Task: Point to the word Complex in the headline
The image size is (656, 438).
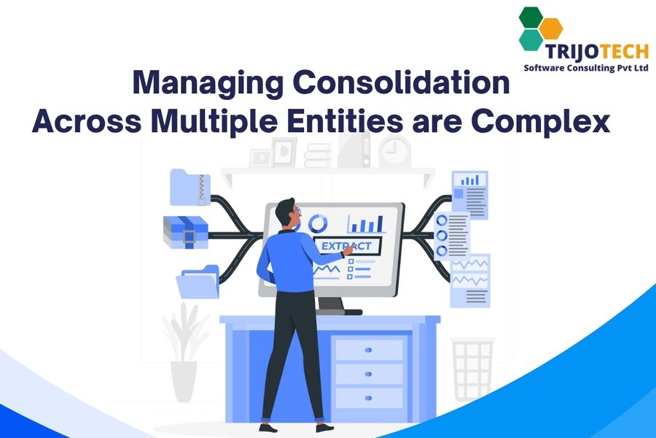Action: point(541,123)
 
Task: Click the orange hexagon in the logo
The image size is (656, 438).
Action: point(550,28)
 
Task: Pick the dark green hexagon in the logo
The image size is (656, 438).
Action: point(531,18)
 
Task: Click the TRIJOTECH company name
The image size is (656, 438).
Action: point(597,52)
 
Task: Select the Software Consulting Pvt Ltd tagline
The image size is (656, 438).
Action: point(586,68)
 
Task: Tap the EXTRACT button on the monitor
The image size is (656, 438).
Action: point(347,245)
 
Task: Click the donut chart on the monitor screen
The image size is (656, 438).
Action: point(318,224)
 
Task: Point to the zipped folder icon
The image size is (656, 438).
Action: point(190,187)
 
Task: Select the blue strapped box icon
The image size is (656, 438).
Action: point(185,232)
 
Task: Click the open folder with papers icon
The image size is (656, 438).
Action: point(198,282)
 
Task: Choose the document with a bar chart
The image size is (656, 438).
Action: point(470,194)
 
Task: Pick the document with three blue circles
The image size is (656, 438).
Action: point(451,236)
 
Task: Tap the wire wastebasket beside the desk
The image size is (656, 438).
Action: point(472,369)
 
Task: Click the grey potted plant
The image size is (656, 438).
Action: point(184,351)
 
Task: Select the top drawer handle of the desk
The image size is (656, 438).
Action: point(368,350)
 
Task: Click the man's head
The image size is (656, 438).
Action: point(288,212)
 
